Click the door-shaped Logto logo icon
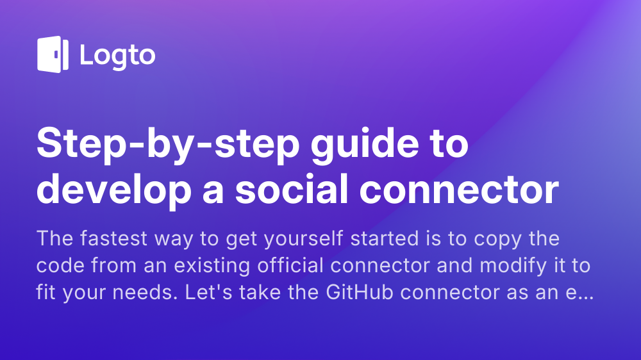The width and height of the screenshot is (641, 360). pyautogui.click(x=53, y=54)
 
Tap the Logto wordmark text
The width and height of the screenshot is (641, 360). pyautogui.click(x=118, y=56)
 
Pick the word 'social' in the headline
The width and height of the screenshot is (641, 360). pyautogui.click(x=292, y=188)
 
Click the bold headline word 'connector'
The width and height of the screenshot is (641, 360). pyautogui.click(x=459, y=190)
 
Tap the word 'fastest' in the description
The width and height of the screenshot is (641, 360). pyautogui.click(x=113, y=238)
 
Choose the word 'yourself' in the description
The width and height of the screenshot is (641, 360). pyautogui.click(x=304, y=239)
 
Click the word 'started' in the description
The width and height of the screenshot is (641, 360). pyautogui.click(x=385, y=238)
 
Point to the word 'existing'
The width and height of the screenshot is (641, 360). pyautogui.click(x=212, y=266)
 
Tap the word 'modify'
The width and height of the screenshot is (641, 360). pyautogui.click(x=513, y=266)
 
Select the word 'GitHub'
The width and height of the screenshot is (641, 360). pyautogui.click(x=360, y=291)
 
